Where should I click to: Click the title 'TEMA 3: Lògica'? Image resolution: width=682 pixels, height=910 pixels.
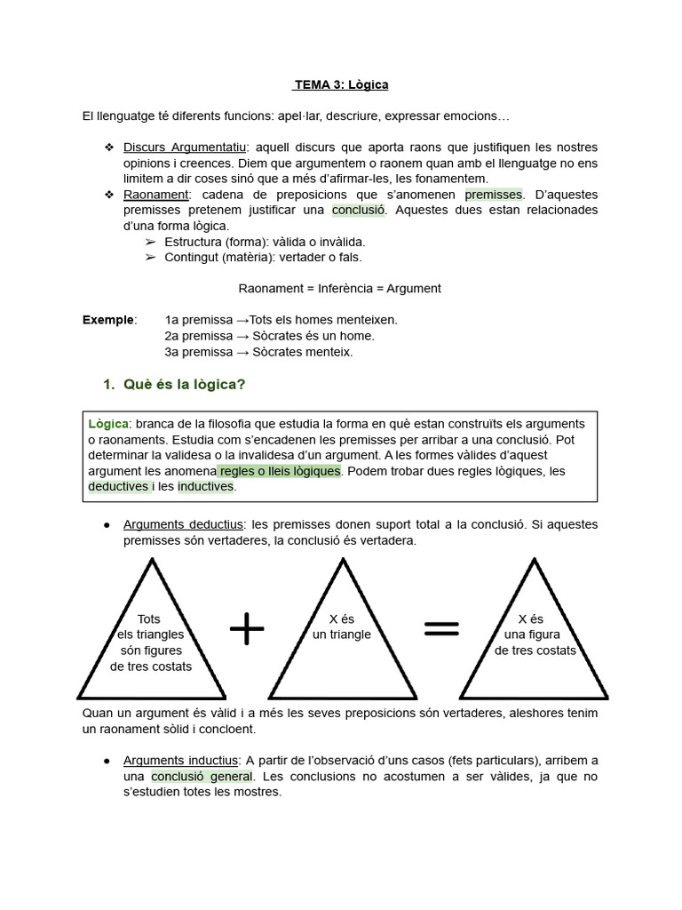tap(341, 85)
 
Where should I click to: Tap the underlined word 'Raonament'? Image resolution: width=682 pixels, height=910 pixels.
tap(155, 195)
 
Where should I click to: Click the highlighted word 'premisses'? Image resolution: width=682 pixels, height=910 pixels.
tap(494, 195)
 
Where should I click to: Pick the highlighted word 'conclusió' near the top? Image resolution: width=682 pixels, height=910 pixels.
tap(360, 211)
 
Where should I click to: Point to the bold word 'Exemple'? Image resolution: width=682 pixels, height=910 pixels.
tap(109, 320)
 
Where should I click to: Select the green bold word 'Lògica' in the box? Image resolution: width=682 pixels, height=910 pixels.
tap(108, 423)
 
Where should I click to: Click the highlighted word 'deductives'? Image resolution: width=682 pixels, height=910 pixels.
tap(117, 487)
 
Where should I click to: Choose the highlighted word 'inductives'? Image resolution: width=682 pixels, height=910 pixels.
tap(205, 487)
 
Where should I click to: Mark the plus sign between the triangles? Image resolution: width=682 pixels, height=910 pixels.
tap(248, 629)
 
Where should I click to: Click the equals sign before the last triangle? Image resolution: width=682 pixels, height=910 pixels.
tap(441, 629)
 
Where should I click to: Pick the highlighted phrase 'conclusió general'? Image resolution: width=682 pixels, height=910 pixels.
tap(202, 777)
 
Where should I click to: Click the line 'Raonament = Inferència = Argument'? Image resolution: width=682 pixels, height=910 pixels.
tap(340, 289)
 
